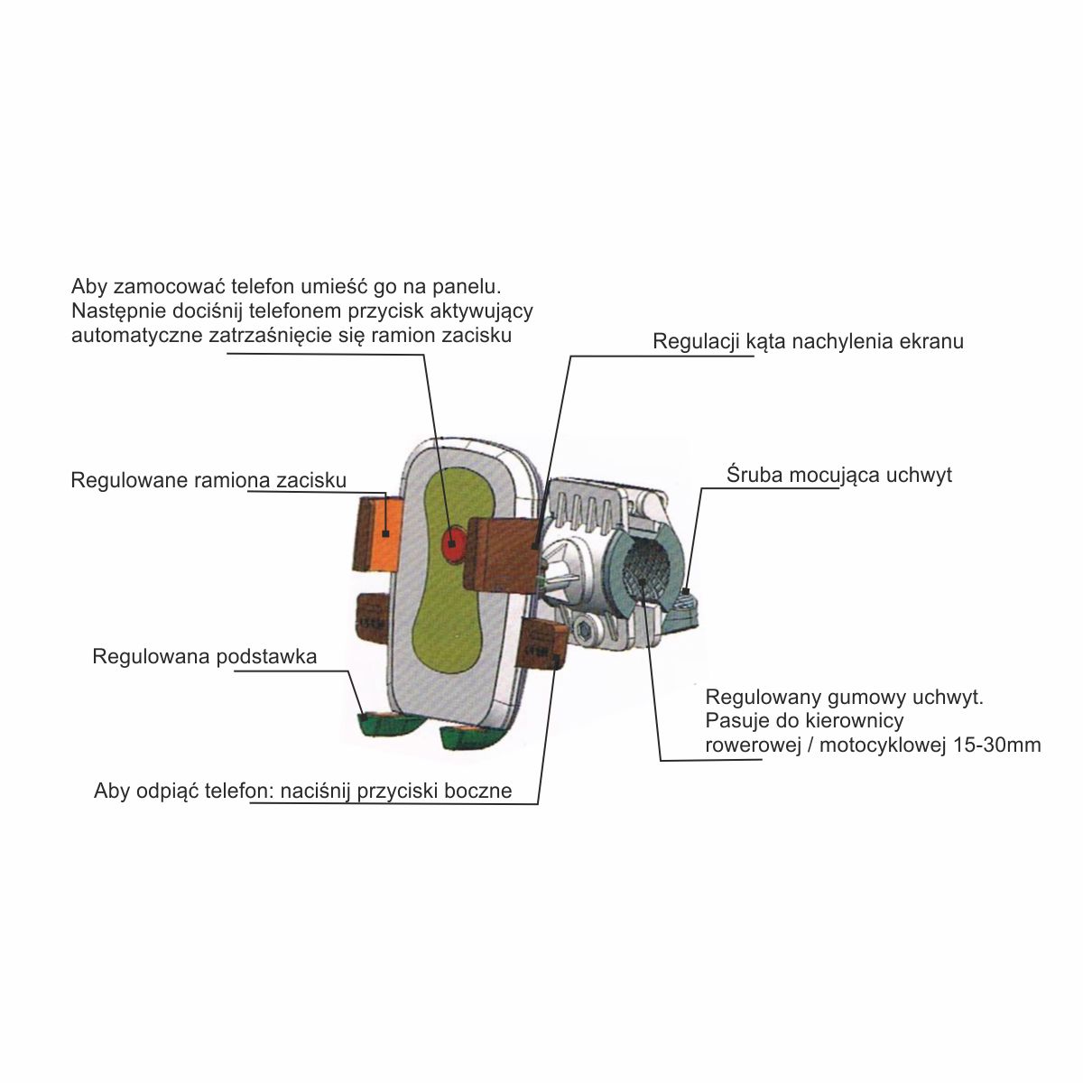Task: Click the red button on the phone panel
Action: pyautogui.click(x=453, y=542)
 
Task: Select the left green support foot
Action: pyautogui.click(x=381, y=724)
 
